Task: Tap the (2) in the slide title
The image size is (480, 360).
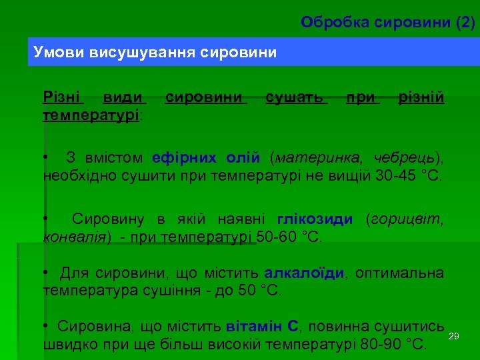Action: [465, 23]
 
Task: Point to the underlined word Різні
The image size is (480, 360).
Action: [62, 98]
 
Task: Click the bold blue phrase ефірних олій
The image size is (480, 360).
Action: [205, 158]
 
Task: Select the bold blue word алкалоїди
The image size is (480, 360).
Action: [305, 273]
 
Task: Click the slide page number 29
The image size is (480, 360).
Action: [455, 335]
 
